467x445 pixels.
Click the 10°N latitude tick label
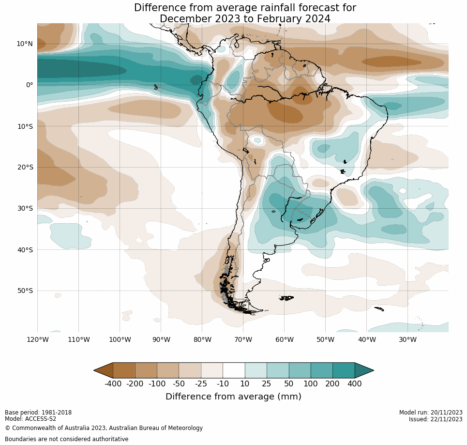[25, 44]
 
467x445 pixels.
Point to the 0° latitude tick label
[30, 85]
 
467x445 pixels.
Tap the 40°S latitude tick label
[25, 250]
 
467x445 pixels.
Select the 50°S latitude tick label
[25, 291]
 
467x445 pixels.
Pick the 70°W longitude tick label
[243, 339]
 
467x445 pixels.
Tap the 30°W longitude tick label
[407, 339]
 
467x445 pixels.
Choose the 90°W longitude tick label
[161, 339]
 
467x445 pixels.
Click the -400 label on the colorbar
[113, 384]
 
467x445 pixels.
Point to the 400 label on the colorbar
[354, 384]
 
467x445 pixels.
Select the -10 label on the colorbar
[223, 384]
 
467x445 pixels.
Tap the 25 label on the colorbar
[267, 384]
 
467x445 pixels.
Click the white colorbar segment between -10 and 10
[234, 370]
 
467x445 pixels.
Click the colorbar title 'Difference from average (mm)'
[233, 397]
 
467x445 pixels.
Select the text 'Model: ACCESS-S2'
[30, 419]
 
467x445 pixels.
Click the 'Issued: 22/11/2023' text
[436, 419]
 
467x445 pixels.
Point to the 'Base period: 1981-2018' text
[38, 413]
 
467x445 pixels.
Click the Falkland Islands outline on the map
[287, 298]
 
